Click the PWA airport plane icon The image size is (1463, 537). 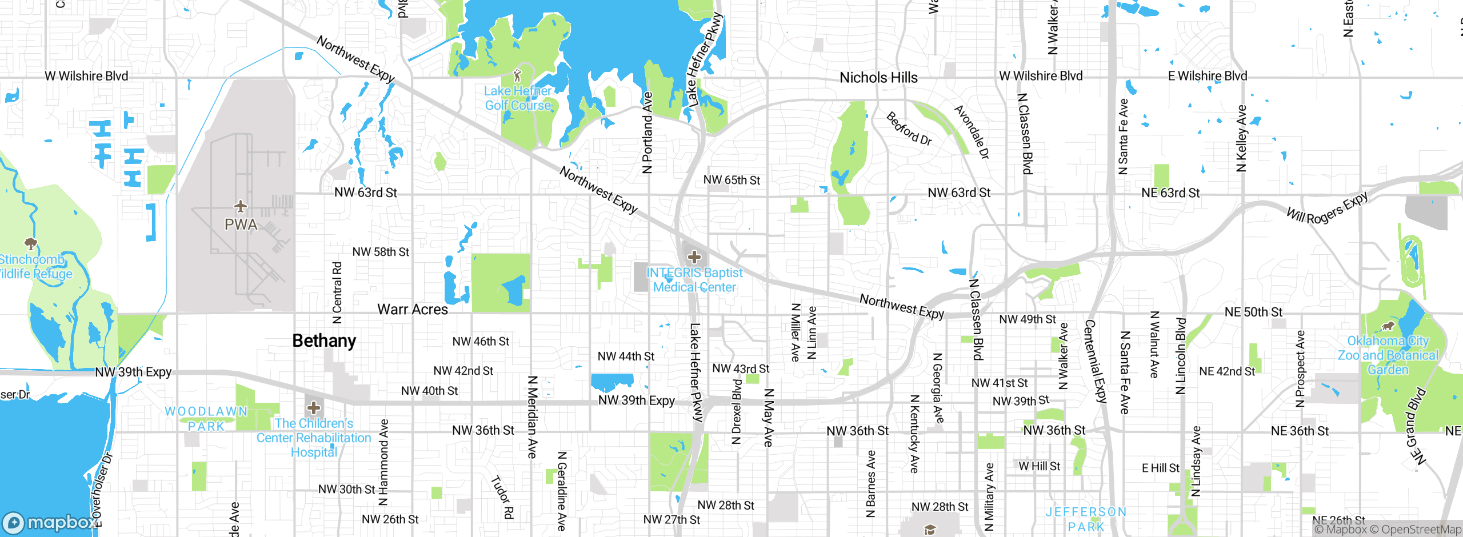[241, 206]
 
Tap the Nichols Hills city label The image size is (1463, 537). [878, 78]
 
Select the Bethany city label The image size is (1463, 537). [324, 340]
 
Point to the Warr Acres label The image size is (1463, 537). [413, 310]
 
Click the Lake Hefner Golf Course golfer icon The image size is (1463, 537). [518, 75]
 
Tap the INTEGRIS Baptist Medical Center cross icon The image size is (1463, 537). [694, 257]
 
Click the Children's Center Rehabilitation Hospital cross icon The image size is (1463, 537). [314, 408]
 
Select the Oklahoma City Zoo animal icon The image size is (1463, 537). [1388, 326]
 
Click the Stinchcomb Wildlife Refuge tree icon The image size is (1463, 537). [31, 245]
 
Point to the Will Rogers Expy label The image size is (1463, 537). [1328, 209]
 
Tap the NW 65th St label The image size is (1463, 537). [731, 180]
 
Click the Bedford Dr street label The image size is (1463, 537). [909, 129]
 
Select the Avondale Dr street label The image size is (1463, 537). [972, 132]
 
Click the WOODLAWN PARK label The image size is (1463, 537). [206, 419]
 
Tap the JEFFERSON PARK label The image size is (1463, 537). [1086, 519]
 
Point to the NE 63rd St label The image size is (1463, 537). [1170, 193]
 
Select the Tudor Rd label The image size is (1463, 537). [503, 497]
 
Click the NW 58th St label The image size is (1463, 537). [381, 252]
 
